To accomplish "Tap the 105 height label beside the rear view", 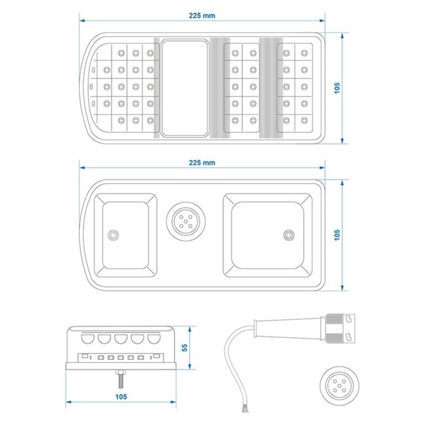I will click(x=337, y=233).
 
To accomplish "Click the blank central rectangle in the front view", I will click(x=182, y=88).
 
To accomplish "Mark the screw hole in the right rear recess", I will click(x=286, y=233).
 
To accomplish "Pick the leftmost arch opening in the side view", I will click(x=88, y=339).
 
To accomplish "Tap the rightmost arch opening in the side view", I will click(x=154, y=339).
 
